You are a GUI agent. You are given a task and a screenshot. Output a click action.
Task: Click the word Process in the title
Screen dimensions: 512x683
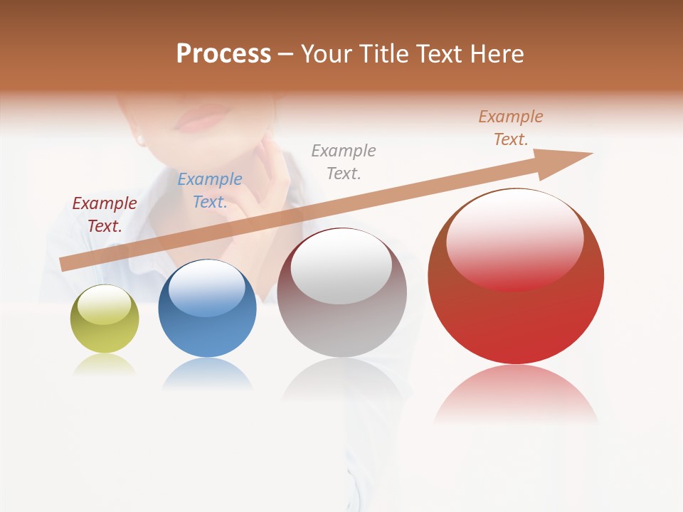(x=223, y=54)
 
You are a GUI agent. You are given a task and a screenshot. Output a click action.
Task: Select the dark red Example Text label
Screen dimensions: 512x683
(x=105, y=214)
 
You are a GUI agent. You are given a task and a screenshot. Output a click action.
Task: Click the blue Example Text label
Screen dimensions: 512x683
(x=210, y=190)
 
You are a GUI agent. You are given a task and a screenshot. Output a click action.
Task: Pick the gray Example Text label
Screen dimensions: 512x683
(x=344, y=161)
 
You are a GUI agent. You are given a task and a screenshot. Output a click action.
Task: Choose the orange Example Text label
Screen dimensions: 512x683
(x=511, y=127)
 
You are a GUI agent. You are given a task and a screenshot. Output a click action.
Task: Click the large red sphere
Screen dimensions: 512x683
(x=516, y=313)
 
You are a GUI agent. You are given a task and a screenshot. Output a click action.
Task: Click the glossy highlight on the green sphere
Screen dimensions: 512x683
(x=104, y=305)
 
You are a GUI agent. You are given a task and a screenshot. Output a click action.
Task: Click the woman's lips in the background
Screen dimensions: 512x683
(x=201, y=119)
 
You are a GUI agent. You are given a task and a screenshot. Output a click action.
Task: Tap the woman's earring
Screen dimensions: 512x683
(x=140, y=139)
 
